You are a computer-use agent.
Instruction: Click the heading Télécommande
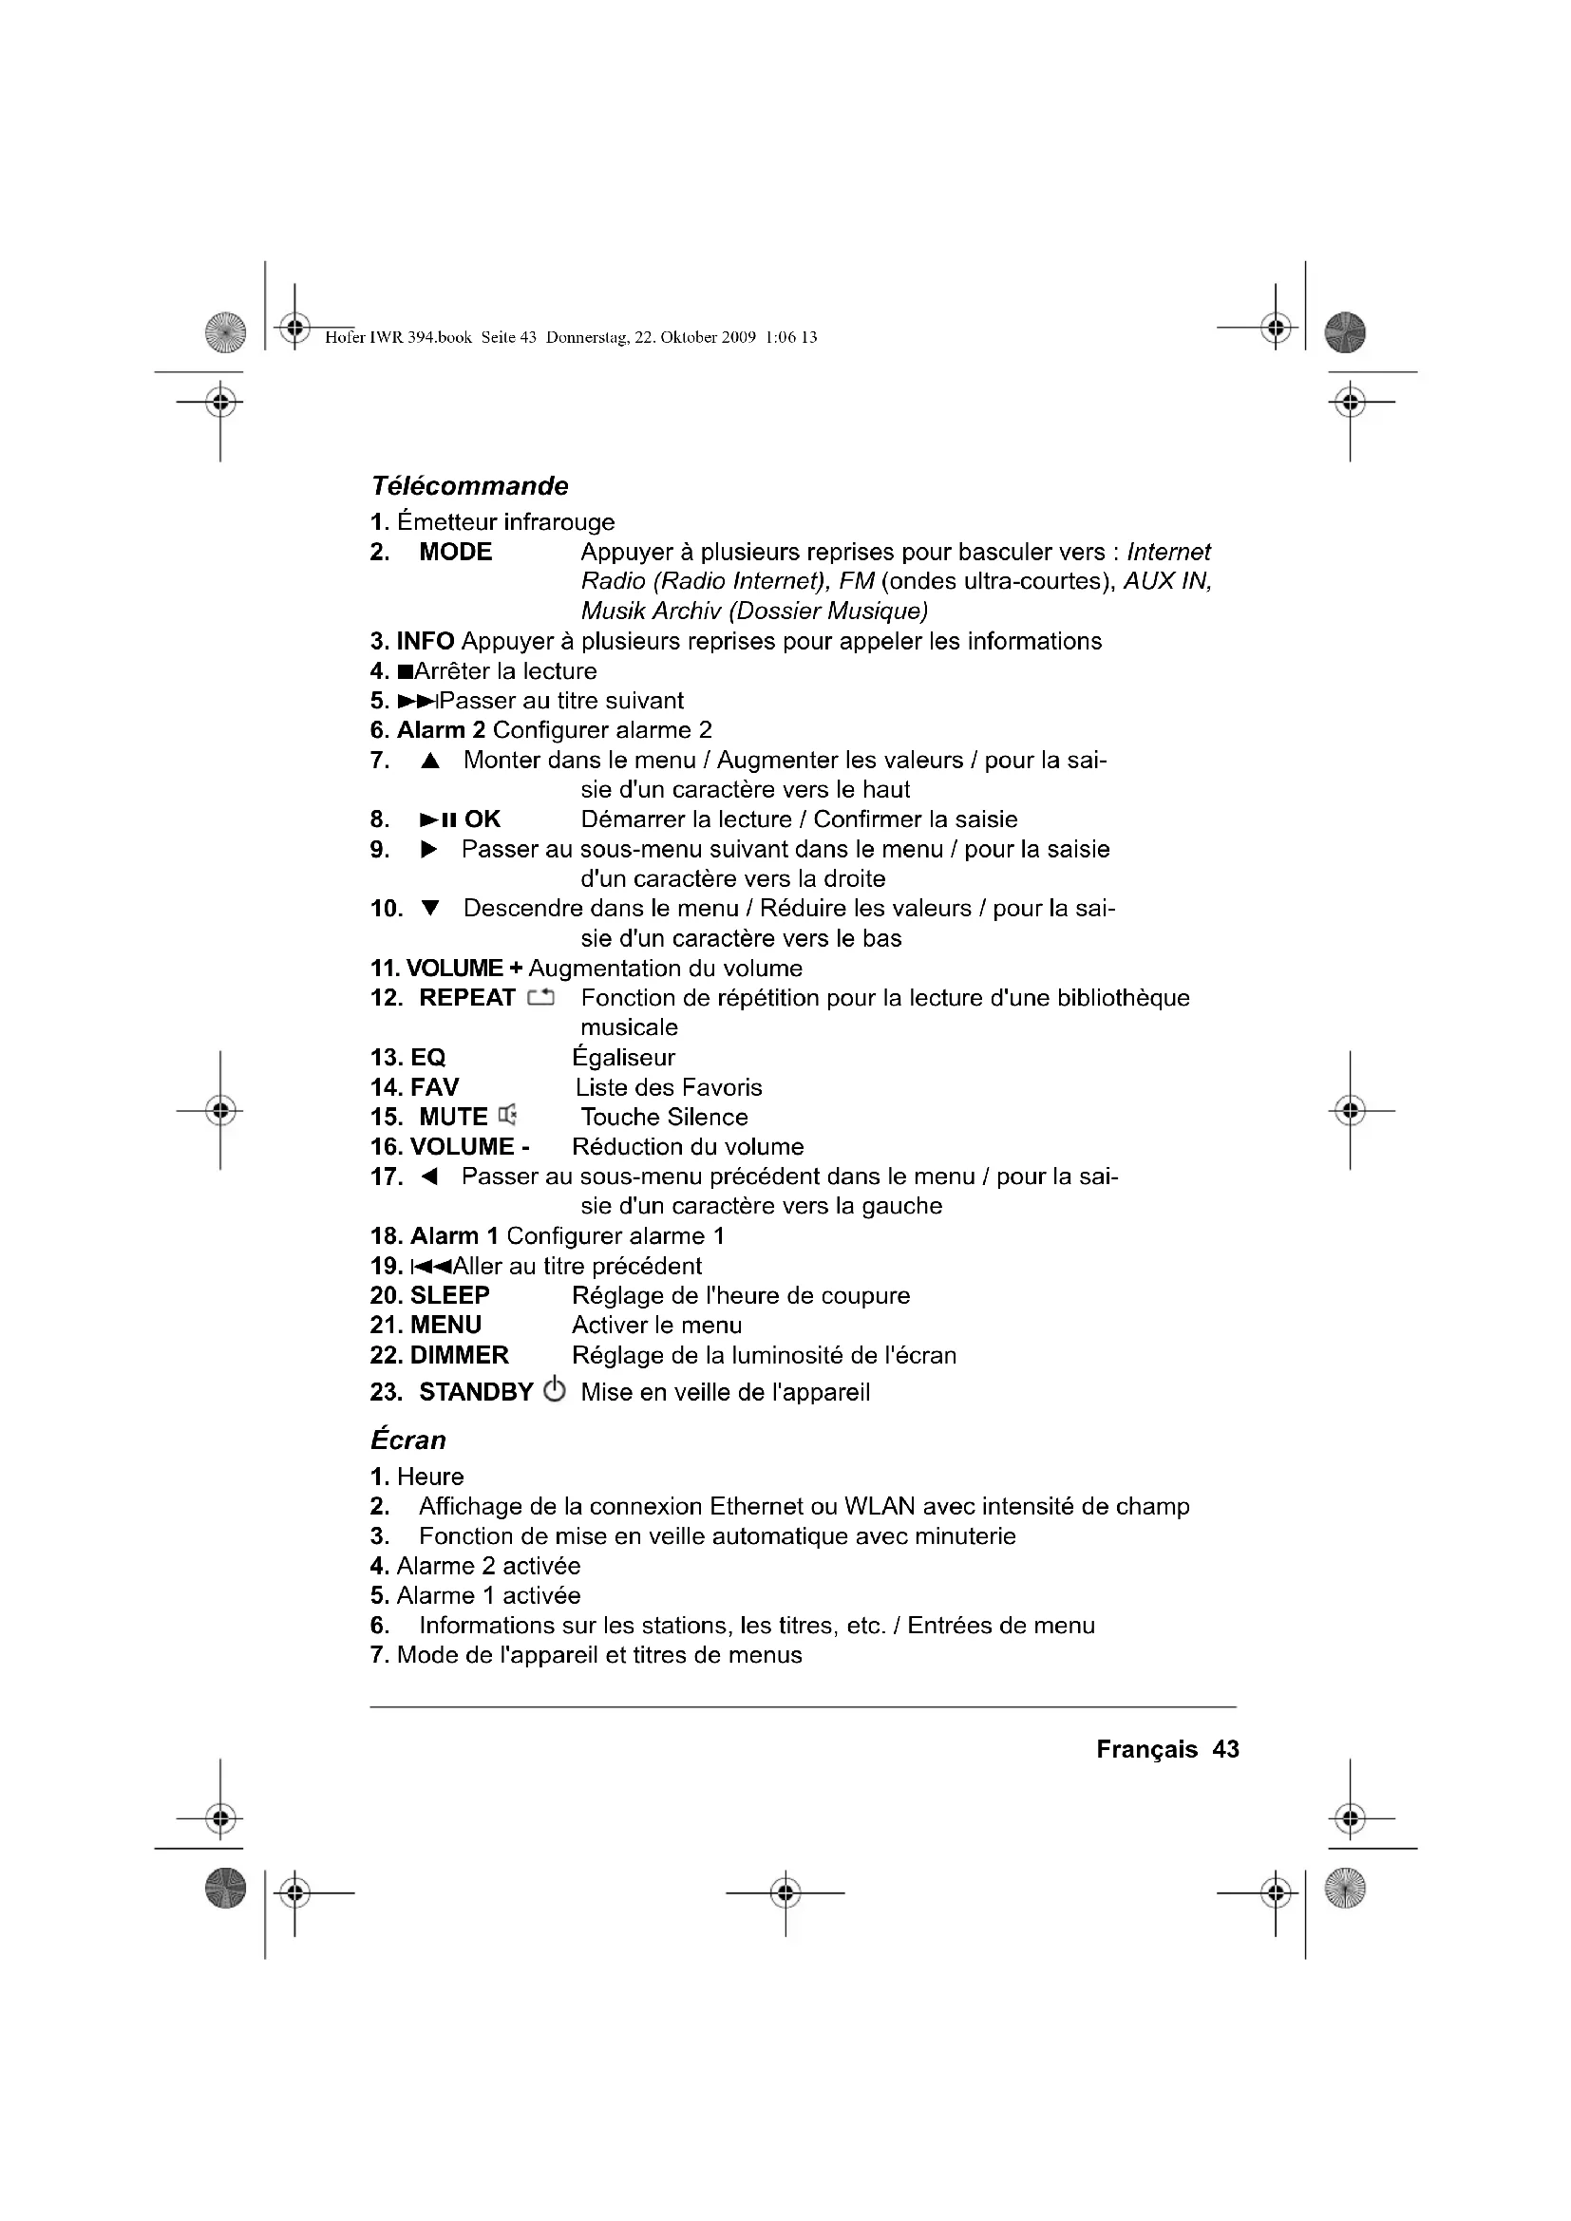[x=469, y=485]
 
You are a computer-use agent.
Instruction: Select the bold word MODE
[x=456, y=553]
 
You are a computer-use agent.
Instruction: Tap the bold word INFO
[x=426, y=641]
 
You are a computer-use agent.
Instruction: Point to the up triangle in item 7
[x=430, y=762]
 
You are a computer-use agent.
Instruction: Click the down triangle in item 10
[x=430, y=909]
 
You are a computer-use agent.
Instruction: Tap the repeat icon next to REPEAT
[x=540, y=998]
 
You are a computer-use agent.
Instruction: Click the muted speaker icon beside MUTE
[x=508, y=1117]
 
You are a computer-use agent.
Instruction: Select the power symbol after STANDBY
[x=555, y=1391]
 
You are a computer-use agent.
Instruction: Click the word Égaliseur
[x=623, y=1056]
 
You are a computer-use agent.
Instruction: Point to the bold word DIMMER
[x=460, y=1355]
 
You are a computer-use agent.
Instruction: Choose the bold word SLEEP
[x=450, y=1295]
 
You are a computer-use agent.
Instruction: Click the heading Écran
[x=408, y=1440]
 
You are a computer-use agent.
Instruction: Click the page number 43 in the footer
[x=1225, y=1749]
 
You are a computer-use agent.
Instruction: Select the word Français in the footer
[x=1146, y=1749]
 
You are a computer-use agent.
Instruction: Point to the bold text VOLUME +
[x=464, y=969]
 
